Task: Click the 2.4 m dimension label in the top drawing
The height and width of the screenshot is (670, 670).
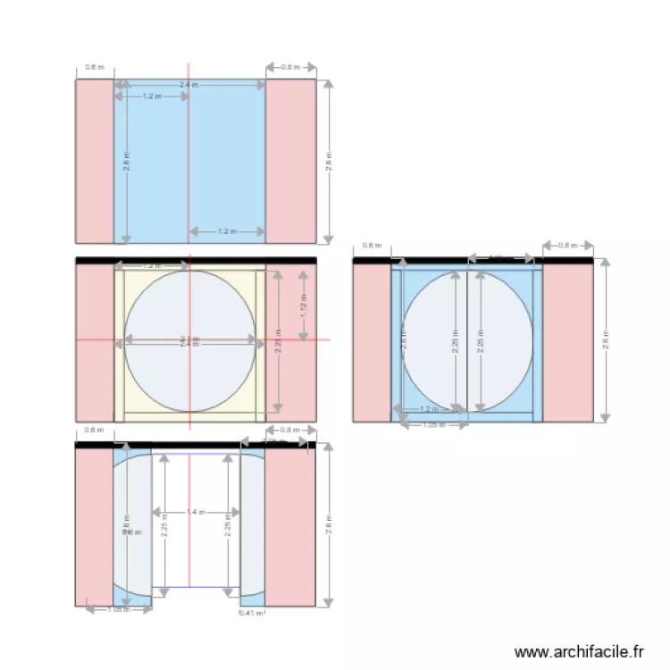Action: tap(188, 85)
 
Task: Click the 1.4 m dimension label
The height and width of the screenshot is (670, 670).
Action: tap(196, 513)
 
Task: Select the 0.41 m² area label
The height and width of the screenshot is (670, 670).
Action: tap(251, 613)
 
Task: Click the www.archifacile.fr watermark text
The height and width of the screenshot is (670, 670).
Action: tap(580, 652)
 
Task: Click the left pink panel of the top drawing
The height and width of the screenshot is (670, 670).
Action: tap(94, 161)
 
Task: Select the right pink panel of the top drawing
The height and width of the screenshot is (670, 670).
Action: tap(290, 161)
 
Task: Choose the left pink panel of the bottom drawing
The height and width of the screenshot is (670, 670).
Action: tap(94, 527)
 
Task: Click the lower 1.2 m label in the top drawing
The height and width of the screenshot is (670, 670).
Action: tap(227, 231)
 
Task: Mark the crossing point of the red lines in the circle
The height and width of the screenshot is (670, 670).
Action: tap(188, 339)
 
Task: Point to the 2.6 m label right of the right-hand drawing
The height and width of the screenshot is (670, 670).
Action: tap(606, 340)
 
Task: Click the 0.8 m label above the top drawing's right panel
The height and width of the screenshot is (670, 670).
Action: tap(290, 67)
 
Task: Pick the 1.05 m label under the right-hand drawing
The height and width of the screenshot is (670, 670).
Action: tap(433, 425)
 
